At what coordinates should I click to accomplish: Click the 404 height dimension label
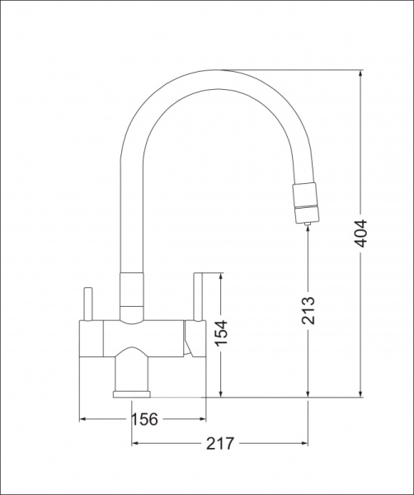point(360,233)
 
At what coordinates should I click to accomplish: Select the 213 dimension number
point(308,311)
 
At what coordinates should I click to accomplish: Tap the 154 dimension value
point(221,333)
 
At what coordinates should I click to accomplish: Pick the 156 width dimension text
point(144,419)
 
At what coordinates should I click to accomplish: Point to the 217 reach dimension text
point(220,444)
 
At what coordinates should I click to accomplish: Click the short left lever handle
point(87,304)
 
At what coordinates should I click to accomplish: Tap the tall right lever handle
point(198,297)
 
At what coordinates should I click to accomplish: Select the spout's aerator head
point(305,202)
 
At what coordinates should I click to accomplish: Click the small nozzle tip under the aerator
point(308,224)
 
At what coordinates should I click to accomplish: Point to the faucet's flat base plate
point(132,394)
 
